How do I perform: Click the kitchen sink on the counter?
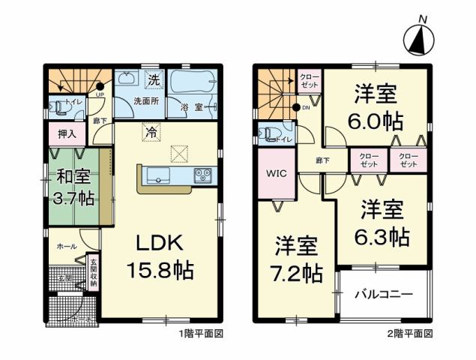tap(160, 176)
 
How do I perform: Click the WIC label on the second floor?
tap(274, 172)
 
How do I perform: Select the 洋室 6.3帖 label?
tap(382, 224)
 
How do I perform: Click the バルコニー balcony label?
tap(383, 294)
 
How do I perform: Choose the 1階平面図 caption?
tap(201, 331)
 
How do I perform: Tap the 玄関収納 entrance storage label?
tap(94, 273)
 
